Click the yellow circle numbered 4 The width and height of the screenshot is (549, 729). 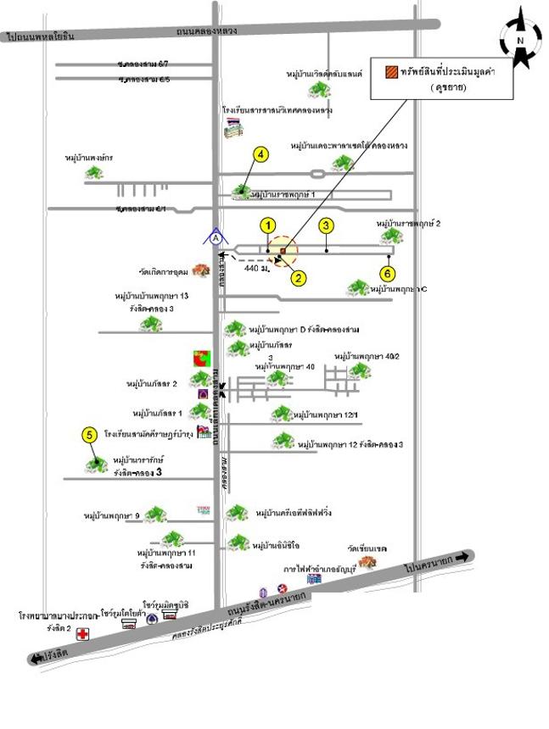261,153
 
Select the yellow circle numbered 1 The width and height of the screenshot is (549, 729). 268,225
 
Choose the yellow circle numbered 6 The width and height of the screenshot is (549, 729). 388,274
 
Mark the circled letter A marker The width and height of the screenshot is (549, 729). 216,239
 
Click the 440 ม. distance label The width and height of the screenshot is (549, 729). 255,268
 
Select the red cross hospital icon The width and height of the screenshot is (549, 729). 82,633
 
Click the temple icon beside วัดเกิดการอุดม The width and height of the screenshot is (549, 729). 201,271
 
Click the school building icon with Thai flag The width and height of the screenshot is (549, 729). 232,127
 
